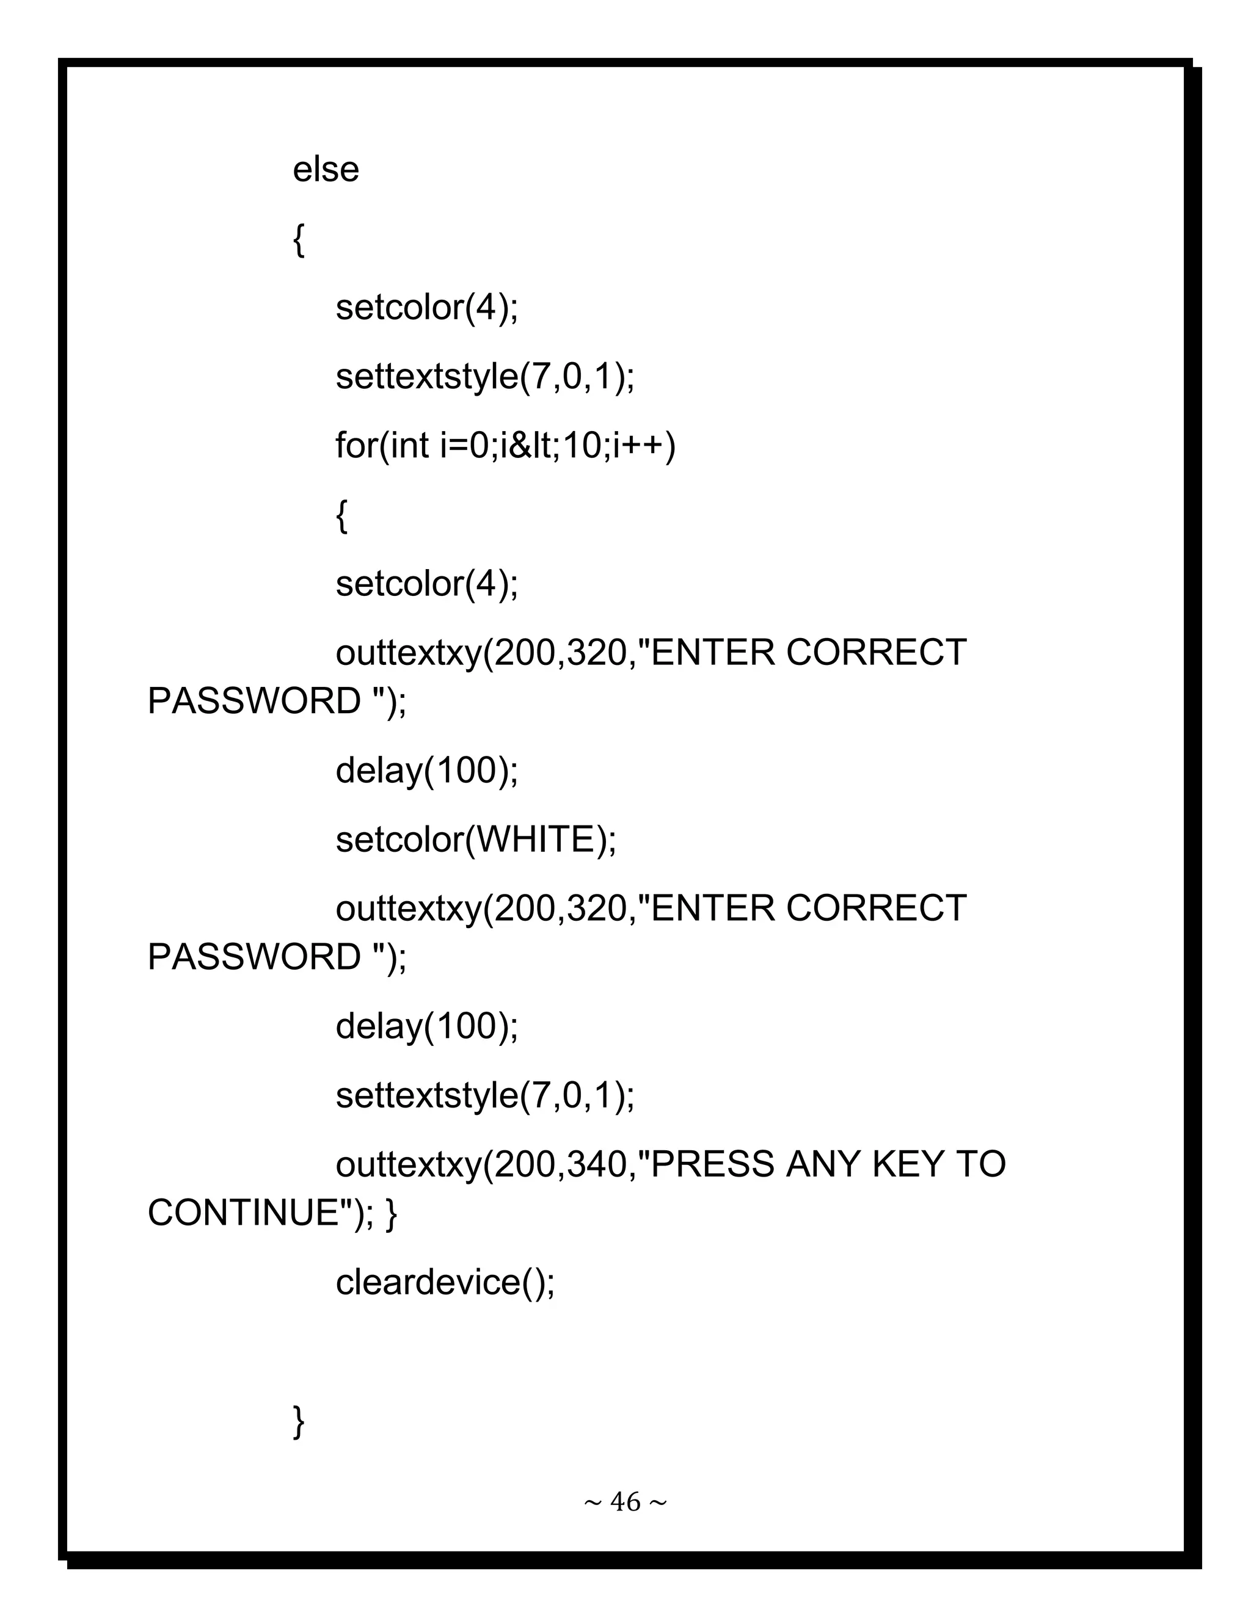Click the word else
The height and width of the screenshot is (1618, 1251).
326,170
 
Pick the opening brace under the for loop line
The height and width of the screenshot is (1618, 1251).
341,517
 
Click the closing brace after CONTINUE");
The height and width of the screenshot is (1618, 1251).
392,1214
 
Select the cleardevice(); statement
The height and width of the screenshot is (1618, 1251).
445,1282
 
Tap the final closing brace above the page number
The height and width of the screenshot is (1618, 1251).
299,1421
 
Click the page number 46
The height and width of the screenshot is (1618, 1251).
625,1502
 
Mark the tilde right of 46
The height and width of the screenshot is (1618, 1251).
657,1503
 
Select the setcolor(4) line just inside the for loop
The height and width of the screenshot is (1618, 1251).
427,584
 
